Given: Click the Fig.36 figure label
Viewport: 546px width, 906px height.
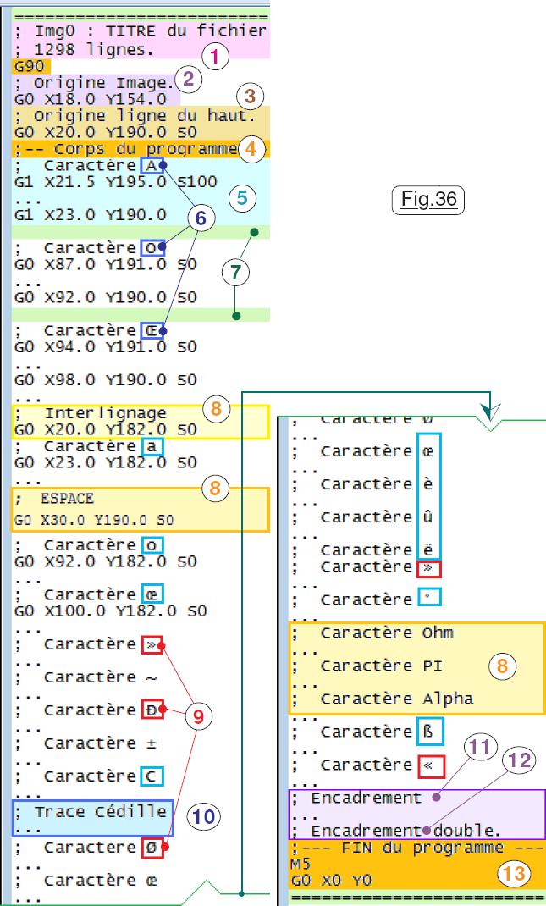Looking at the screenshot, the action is click(428, 200).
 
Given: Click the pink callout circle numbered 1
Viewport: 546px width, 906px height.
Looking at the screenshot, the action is click(215, 58).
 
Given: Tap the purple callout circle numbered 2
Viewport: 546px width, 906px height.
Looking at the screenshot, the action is click(188, 80).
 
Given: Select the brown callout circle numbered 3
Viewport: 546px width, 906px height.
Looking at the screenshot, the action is click(250, 97).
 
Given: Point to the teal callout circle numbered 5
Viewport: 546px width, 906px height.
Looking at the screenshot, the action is click(241, 198).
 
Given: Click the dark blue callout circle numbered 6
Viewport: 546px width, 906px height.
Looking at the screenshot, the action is click(200, 218).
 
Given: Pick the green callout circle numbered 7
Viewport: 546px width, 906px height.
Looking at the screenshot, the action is click(235, 272).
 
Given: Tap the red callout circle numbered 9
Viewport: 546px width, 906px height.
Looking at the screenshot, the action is click(198, 717).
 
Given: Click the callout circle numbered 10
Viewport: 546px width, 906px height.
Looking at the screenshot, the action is click(203, 816).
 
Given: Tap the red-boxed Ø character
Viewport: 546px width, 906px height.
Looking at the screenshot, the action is click(152, 847).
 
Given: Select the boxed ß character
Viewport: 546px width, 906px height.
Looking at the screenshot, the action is click(430, 732).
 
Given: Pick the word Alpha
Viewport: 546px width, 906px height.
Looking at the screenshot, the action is click(447, 699).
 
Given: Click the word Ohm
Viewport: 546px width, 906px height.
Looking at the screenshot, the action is click(438, 633).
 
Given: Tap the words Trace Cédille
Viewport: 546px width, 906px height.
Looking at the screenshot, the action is click(100, 812).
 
